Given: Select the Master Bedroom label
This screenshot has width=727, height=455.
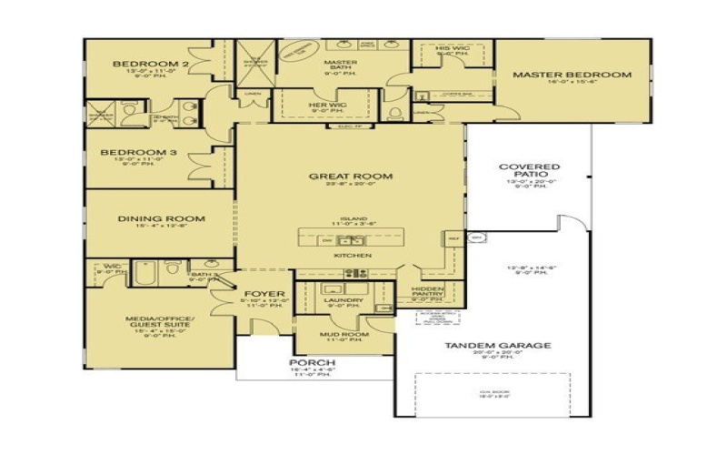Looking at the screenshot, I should pyautogui.click(x=572, y=75).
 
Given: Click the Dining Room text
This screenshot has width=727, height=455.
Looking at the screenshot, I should pyautogui.click(x=160, y=218).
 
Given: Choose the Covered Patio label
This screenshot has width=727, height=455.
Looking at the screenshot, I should pyautogui.click(x=530, y=172).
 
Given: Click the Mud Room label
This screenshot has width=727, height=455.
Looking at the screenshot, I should pyautogui.click(x=344, y=335).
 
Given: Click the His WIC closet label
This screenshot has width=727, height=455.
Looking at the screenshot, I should pyautogui.click(x=451, y=47).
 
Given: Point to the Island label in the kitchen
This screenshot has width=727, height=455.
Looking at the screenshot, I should pyautogui.click(x=353, y=219).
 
